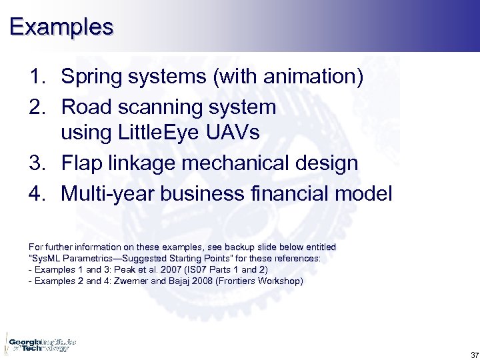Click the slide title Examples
tap(61, 27)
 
